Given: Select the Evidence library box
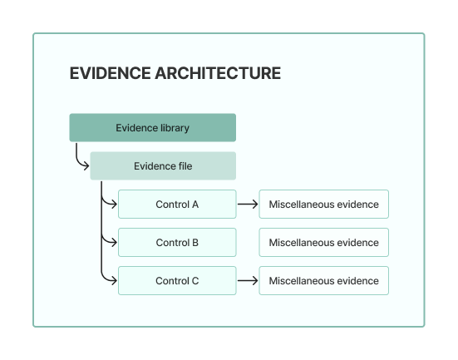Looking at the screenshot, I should pyautogui.click(x=152, y=128).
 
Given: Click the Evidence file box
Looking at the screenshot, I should pyautogui.click(x=163, y=166).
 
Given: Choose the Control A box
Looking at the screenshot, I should pyautogui.click(x=177, y=205).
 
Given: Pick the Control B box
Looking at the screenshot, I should pyautogui.click(x=177, y=243).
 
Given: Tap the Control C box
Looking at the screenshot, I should pyautogui.click(x=177, y=281).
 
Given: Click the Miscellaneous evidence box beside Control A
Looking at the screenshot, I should pyautogui.click(x=323, y=205).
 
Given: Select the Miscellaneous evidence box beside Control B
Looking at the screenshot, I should pyautogui.click(x=323, y=243).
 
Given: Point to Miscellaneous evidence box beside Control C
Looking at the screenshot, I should pyautogui.click(x=323, y=281).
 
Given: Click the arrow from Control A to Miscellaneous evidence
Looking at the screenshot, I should pyautogui.click(x=247, y=205).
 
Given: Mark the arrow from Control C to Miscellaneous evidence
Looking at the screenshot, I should pyautogui.click(x=247, y=281).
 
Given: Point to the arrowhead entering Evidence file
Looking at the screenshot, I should pyautogui.click(x=86, y=166).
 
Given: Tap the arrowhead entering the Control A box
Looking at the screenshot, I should pyautogui.click(x=114, y=205).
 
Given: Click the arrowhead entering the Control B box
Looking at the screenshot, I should pyautogui.click(x=114, y=243).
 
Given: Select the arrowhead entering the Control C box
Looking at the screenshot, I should pyautogui.click(x=114, y=281).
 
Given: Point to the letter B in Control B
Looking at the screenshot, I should pyautogui.click(x=195, y=243).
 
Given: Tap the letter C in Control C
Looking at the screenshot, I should pyautogui.click(x=195, y=281).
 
